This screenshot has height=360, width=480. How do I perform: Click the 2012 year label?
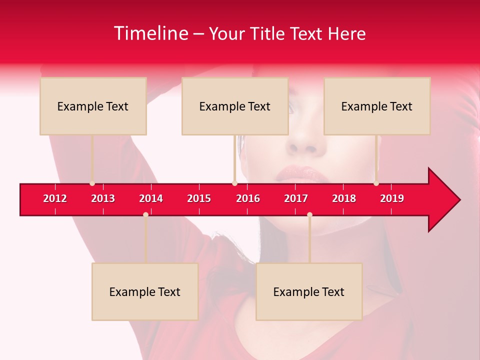click(55, 198)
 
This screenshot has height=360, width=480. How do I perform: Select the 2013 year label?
click(103, 198)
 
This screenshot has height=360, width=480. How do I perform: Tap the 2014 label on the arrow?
click(151, 198)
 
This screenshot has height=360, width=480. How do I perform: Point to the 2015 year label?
click(199, 198)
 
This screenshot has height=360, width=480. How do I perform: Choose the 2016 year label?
click(248, 198)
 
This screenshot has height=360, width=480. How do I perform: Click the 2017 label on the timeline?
click(296, 198)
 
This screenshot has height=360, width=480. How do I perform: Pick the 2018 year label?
click(344, 198)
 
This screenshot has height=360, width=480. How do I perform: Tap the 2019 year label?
click(392, 198)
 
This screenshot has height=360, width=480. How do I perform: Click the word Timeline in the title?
click(150, 33)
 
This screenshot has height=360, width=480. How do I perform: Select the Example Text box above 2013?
click(93, 106)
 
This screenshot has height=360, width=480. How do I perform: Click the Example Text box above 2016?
click(235, 106)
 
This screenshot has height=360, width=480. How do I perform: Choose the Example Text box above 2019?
click(377, 106)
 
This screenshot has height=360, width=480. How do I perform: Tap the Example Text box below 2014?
click(145, 291)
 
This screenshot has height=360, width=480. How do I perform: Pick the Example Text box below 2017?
click(309, 291)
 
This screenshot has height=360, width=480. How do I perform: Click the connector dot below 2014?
click(145, 214)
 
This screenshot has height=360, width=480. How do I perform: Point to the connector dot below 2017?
click(309, 214)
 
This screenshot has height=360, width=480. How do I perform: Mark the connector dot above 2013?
click(92, 183)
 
